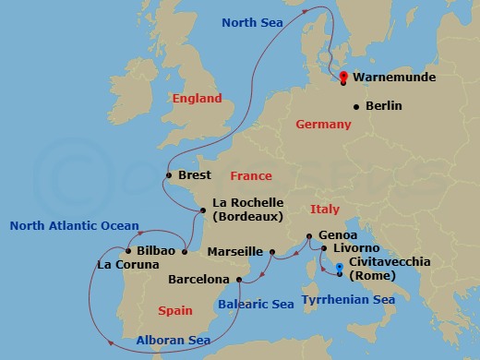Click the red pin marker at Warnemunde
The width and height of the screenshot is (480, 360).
tap(343, 77)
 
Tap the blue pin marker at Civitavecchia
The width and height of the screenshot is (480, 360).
tap(340, 270)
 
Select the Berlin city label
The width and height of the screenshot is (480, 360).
tap(383, 106)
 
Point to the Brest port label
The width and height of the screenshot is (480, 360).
tap(195, 175)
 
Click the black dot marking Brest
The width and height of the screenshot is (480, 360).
tap(168, 175)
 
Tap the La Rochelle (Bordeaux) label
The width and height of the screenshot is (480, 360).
tap(246, 210)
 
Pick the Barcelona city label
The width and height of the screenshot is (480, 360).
tap(198, 279)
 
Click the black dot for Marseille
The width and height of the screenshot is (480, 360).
tap(272, 251)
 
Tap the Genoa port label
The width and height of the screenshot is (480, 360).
tap(338, 236)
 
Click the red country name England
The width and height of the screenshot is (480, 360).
tap(197, 98)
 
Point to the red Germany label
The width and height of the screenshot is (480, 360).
tap(325, 124)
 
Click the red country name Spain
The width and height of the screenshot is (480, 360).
tap(175, 311)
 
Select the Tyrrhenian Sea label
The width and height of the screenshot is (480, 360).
tap(350, 300)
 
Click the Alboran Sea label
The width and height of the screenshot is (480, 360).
tap(173, 340)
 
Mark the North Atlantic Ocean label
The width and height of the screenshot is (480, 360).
tap(74, 225)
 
